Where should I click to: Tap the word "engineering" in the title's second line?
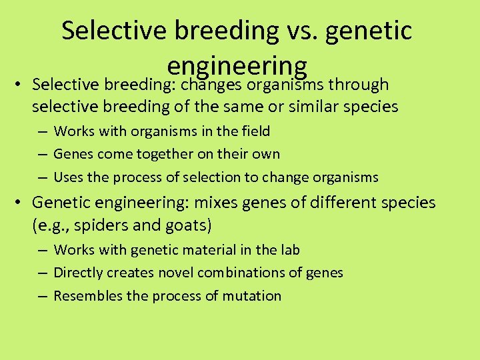tap(237, 65)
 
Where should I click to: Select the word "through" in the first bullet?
tap(359, 85)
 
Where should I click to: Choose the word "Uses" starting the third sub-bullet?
tap(68, 177)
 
